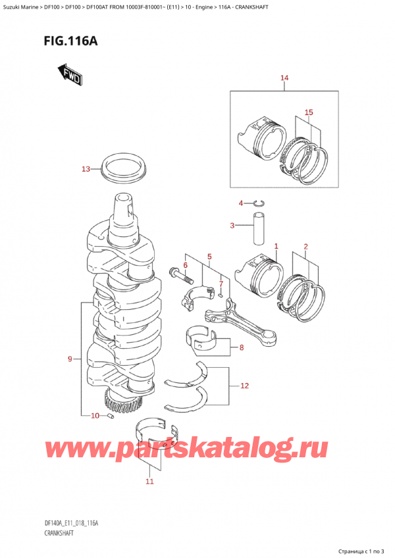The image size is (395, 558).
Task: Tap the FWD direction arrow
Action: pos(69,76)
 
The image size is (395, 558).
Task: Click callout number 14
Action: pos(284,79)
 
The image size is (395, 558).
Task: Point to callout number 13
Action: pos(85,170)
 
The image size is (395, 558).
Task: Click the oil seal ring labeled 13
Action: pos(125,168)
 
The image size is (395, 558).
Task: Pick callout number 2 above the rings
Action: pos(305,247)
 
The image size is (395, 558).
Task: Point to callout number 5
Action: pos(209,256)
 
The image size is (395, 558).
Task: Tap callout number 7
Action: pos(221,284)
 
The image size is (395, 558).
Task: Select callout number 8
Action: pos(242,348)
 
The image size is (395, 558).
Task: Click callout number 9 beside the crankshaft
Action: pos(70,359)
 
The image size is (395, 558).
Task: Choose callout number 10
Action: pos(95,416)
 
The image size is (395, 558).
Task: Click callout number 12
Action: pos(245,386)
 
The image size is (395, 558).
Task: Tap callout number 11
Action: pos(149,482)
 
